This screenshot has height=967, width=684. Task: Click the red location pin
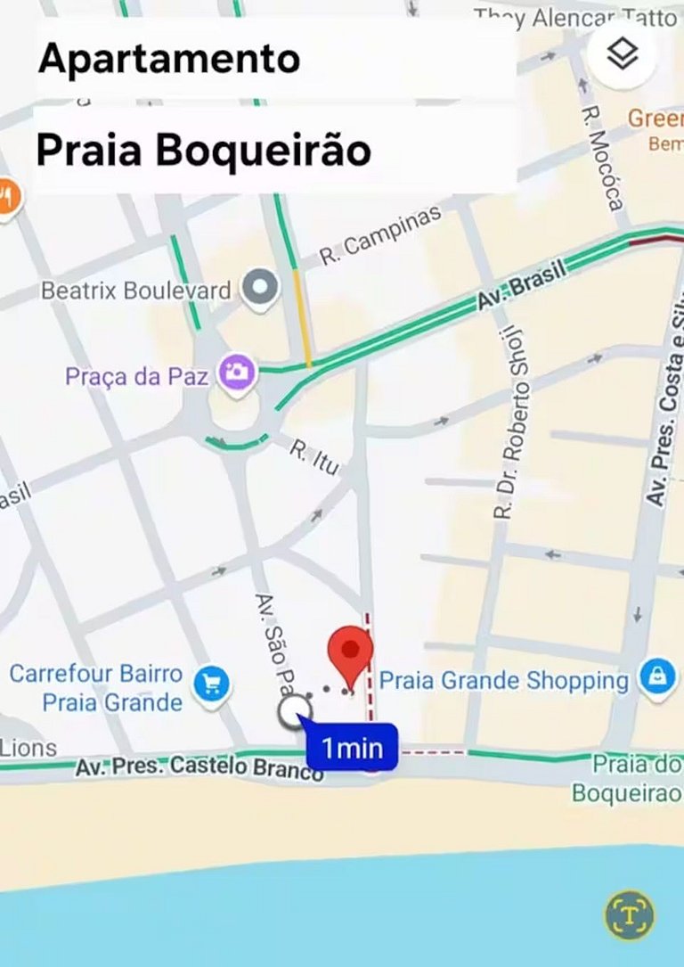pyautogui.click(x=351, y=654)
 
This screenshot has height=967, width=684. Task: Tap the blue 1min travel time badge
pyautogui.click(x=352, y=748)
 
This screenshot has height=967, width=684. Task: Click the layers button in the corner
pyautogui.click(x=623, y=53)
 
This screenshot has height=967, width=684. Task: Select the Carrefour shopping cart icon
pyautogui.click(x=211, y=684)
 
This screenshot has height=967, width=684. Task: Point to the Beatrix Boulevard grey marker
pyautogui.click(x=260, y=289)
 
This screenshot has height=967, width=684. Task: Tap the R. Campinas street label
pyautogui.click(x=380, y=234)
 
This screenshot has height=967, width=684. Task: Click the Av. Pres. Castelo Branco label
pyautogui.click(x=199, y=766)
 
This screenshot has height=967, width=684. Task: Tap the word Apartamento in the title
pyautogui.click(x=169, y=59)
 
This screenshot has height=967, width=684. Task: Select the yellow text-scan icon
pyautogui.click(x=629, y=915)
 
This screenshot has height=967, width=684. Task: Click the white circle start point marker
pyautogui.click(x=294, y=712)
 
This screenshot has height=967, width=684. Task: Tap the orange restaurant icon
pyautogui.click(x=7, y=197)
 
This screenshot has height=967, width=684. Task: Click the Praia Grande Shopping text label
pyautogui.click(x=504, y=681)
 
